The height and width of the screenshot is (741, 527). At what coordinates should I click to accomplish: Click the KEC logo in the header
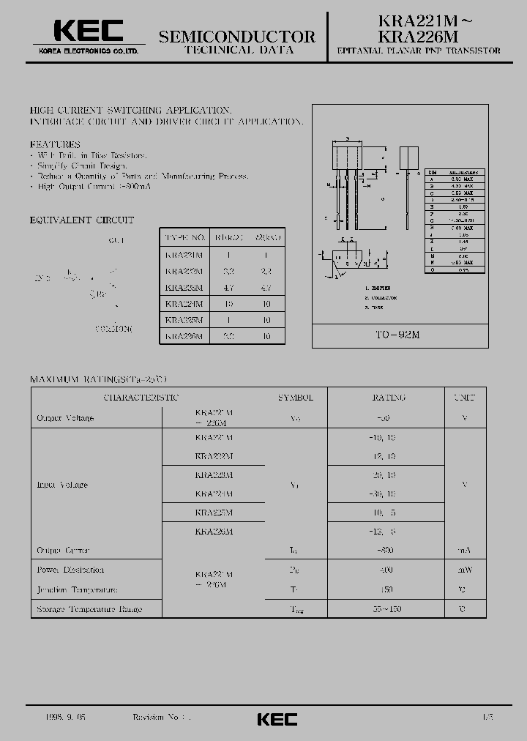click(87, 31)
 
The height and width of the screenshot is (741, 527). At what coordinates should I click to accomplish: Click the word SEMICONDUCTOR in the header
click(236, 37)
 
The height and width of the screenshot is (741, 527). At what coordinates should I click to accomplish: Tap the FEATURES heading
click(55, 144)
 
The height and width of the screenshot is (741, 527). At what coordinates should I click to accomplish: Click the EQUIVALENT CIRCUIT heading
click(81, 220)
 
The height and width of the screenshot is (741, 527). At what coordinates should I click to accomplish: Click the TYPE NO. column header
click(184, 238)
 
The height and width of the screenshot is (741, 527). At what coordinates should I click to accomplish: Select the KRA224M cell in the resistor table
click(184, 303)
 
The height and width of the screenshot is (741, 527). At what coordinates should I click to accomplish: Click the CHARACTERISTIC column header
click(141, 398)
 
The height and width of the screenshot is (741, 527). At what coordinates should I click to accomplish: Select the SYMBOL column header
click(295, 398)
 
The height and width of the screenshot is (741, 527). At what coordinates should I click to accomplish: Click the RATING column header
click(387, 398)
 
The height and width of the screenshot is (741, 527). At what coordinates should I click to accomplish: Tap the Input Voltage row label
click(62, 485)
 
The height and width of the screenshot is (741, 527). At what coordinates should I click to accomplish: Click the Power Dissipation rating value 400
click(387, 570)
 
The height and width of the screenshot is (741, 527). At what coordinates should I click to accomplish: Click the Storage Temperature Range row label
click(89, 609)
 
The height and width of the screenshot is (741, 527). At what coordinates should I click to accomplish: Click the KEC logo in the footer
click(277, 719)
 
